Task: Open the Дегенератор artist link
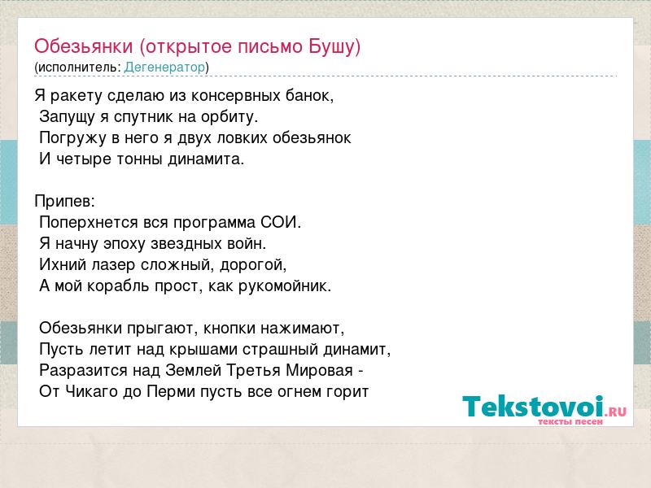165,68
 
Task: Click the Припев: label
65,202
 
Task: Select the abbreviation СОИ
280,222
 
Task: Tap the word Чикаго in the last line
92,392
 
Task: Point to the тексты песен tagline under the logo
570,421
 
